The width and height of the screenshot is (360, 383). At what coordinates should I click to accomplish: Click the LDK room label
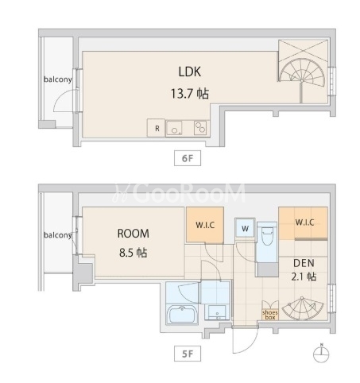tap(190, 72)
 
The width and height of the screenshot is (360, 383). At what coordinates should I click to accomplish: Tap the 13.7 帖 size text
tap(190, 94)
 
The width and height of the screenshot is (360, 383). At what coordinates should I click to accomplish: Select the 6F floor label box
tap(188, 158)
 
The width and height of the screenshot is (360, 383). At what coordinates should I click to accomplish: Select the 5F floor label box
tap(188, 354)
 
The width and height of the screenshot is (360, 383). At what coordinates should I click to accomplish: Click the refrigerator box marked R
tap(157, 128)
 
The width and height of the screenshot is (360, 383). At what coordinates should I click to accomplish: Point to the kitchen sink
tap(174, 129)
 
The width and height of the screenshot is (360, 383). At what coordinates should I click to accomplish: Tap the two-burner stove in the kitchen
tap(200, 128)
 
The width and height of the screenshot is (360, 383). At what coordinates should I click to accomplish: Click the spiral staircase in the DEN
tap(303, 308)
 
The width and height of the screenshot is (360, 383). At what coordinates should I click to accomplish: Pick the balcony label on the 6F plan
tap(58, 79)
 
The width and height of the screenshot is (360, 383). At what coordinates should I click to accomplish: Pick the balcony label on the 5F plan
tap(58, 235)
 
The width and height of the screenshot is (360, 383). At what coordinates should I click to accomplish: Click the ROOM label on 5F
tap(134, 234)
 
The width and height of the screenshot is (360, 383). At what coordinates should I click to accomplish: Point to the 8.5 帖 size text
tap(134, 253)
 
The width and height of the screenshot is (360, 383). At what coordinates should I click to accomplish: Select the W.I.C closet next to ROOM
tap(205, 225)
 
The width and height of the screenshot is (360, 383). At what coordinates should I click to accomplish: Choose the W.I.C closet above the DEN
tap(304, 223)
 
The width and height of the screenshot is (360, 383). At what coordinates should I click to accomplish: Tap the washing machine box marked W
tap(245, 227)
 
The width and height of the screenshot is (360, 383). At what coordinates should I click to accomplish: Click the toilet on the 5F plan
tap(267, 238)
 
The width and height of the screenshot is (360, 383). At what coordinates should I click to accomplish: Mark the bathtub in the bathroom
tap(182, 315)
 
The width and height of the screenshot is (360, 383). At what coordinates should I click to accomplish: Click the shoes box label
tap(270, 315)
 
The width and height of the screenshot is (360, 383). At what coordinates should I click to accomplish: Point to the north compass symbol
tap(321, 353)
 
